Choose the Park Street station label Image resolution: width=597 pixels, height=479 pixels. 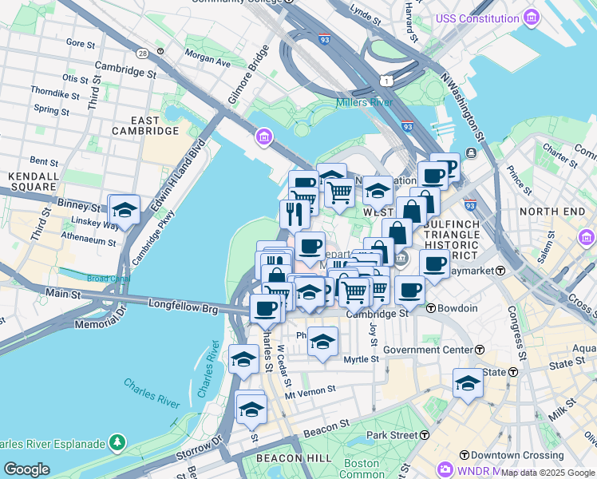pyautogui.click(x=392, y=435)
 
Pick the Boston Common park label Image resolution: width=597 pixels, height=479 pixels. pyautogui.click(x=362, y=469)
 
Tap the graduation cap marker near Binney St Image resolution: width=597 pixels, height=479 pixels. pyautogui.click(x=124, y=210)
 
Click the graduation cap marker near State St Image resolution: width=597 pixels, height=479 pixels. pyautogui.click(x=468, y=382)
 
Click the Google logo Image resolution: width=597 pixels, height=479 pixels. pyautogui.click(x=26, y=469)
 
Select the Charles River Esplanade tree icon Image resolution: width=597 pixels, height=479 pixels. pyautogui.click(x=117, y=441)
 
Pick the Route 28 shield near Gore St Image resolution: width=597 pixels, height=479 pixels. pyautogui.click(x=142, y=53)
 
